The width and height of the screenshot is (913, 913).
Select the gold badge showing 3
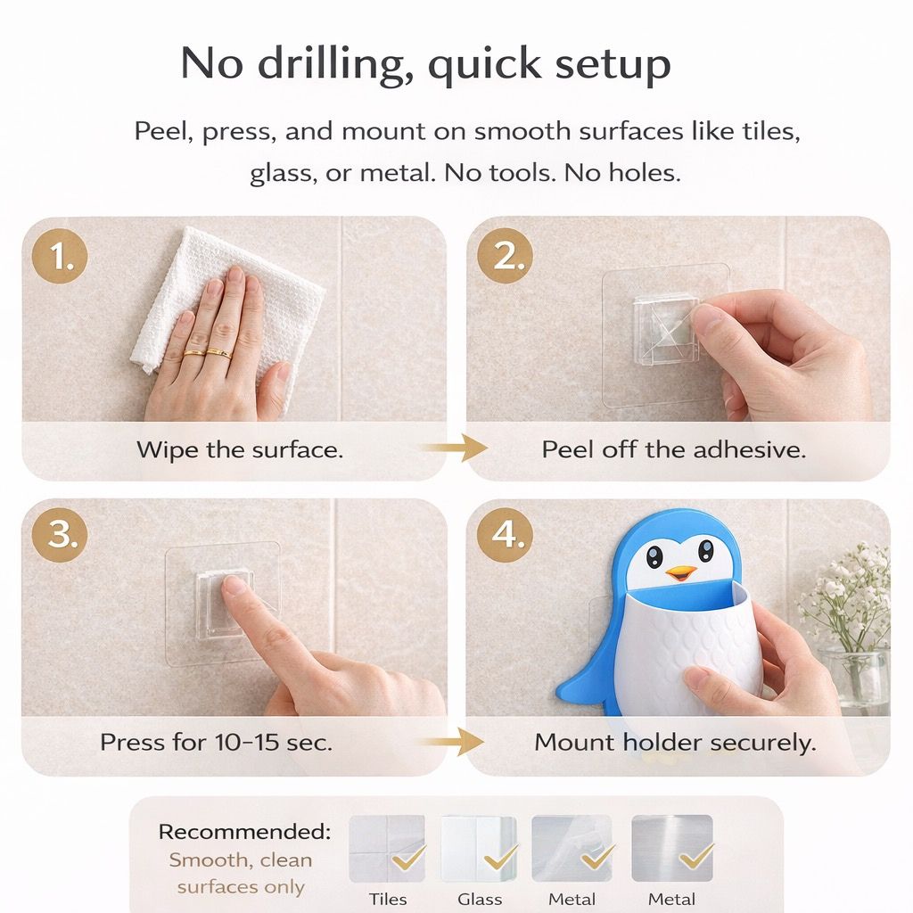pyautogui.click(x=61, y=534)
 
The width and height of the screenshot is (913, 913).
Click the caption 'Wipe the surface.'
pyautogui.click(x=239, y=449)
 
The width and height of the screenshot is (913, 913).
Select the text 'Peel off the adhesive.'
pyautogui.click(x=673, y=449)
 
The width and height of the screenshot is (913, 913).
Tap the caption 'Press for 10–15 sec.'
pyautogui.click(x=216, y=742)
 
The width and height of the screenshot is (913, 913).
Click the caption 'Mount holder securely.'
pyautogui.click(x=675, y=742)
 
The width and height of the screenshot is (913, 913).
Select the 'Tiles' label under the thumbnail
pyautogui.click(x=388, y=899)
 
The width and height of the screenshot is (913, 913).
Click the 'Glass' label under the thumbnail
pyautogui.click(x=480, y=899)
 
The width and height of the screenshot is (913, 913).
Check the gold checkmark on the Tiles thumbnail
pyautogui.click(x=409, y=857)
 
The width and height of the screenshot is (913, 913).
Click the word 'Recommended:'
pyautogui.click(x=243, y=832)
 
